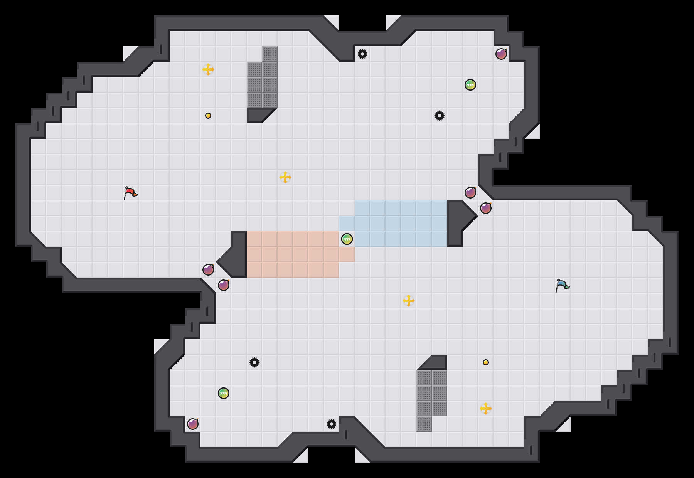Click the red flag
130,193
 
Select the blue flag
562,285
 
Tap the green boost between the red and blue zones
347,239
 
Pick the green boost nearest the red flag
224,393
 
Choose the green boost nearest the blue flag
470,85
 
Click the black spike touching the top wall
362,54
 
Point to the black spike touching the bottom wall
332,424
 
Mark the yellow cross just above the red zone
285,177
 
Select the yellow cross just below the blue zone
409,301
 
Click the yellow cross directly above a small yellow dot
208,69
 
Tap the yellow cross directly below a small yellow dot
486,409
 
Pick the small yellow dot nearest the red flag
208,116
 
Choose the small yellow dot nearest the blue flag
486,362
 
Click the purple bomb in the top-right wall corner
501,54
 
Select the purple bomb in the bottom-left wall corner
193,424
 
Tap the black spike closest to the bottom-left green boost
254,362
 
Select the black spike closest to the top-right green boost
440,116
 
